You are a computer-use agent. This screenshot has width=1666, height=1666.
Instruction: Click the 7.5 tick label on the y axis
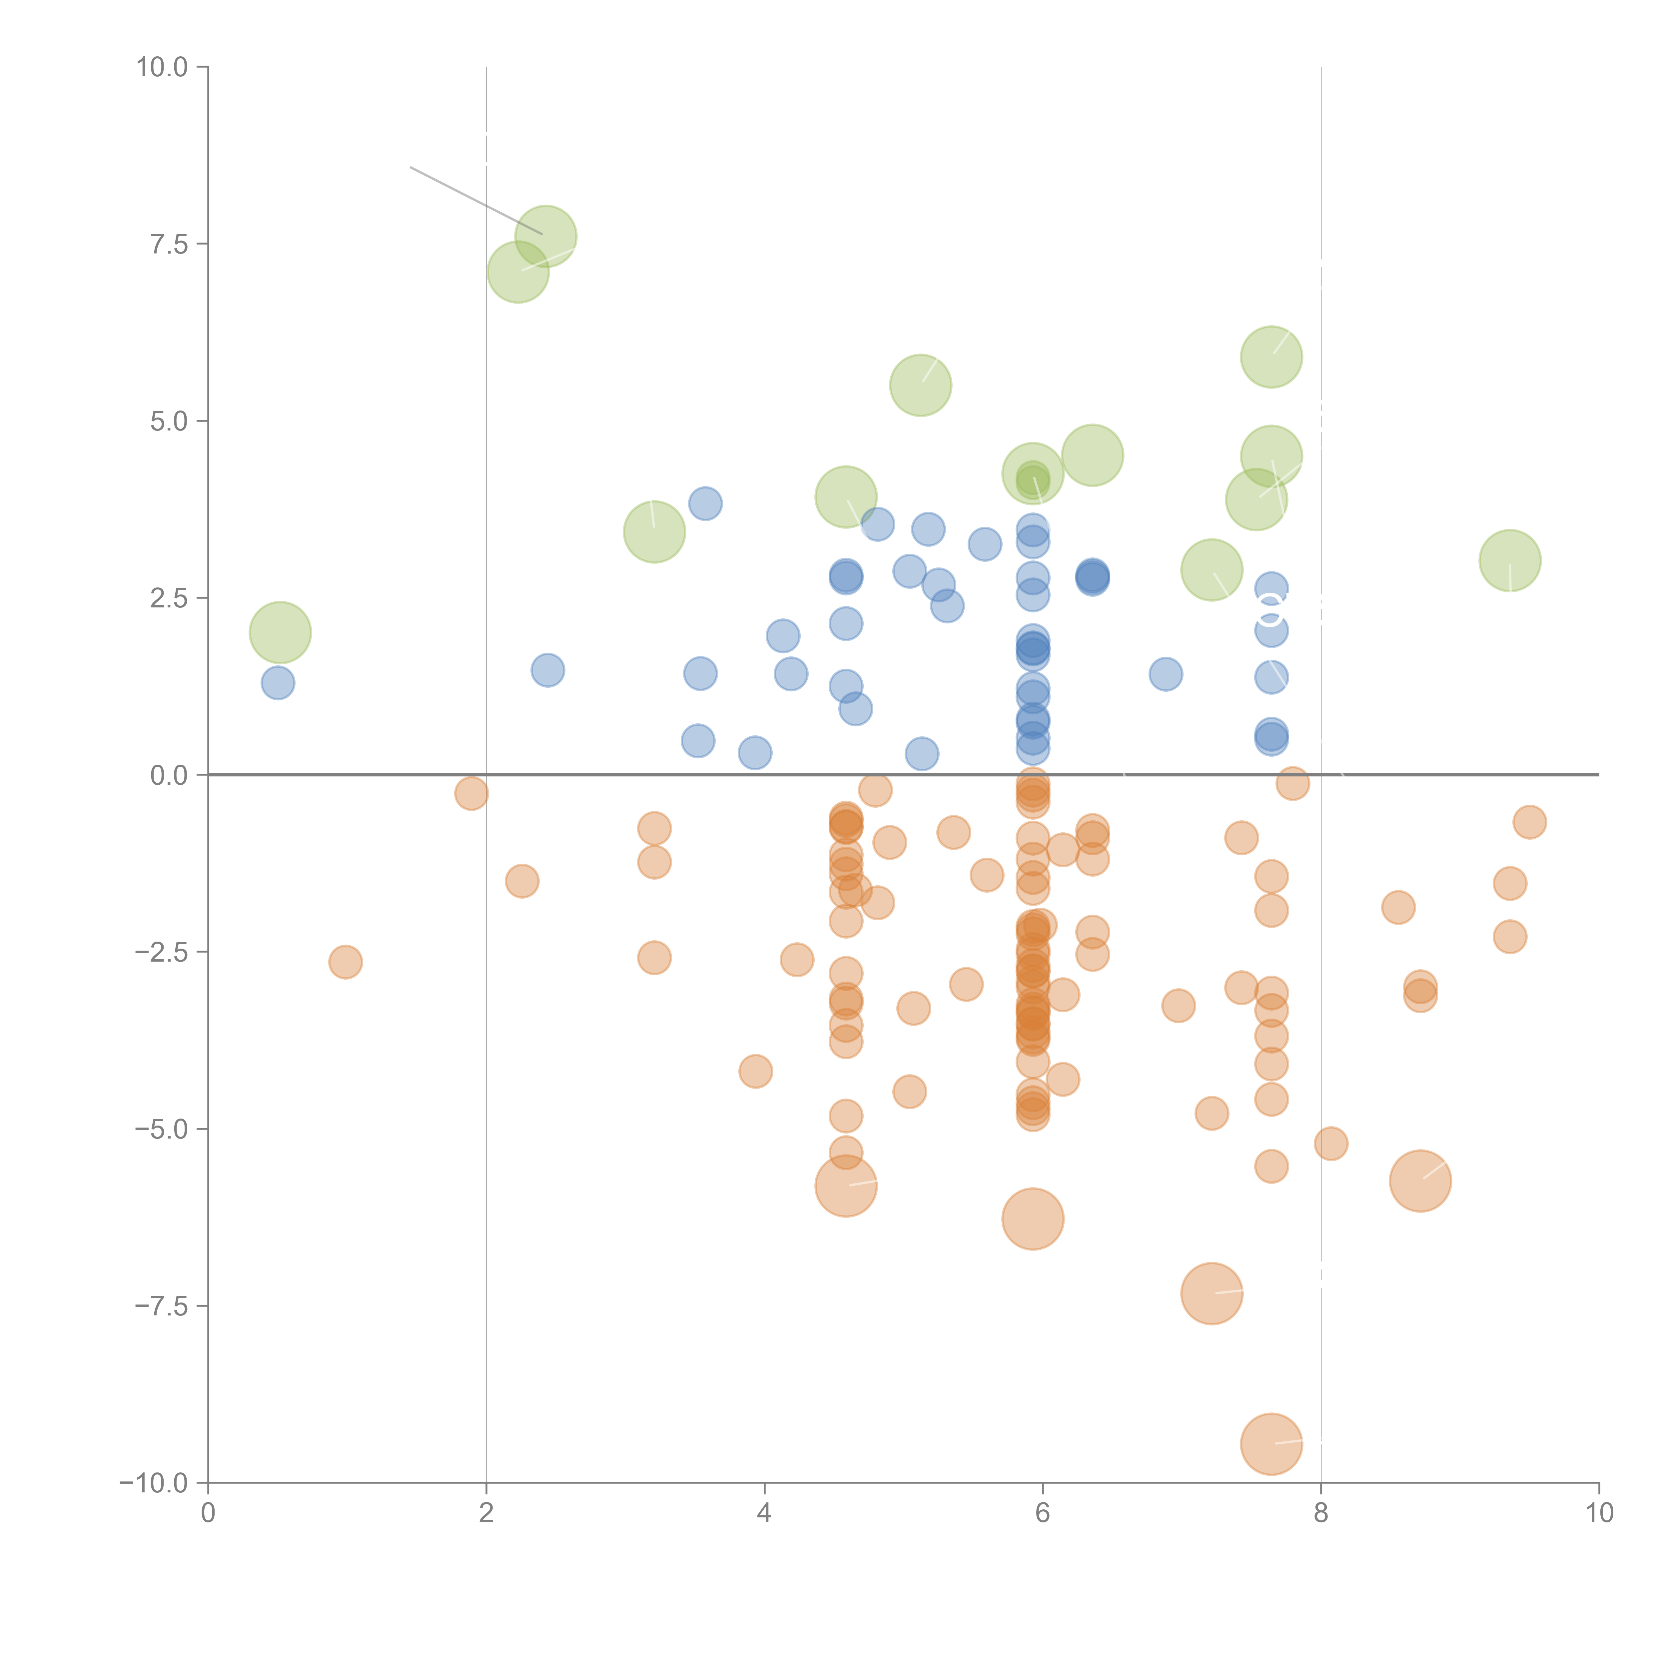[x=169, y=244]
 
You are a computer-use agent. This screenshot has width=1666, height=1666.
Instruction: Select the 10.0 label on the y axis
[x=162, y=67]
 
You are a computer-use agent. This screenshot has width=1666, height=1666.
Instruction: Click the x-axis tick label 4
[x=764, y=1513]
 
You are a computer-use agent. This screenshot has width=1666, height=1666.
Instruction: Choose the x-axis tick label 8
[x=1321, y=1513]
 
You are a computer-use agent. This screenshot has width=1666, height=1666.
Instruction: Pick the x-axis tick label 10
[x=1599, y=1513]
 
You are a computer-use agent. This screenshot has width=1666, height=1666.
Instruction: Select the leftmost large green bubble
[x=280, y=632]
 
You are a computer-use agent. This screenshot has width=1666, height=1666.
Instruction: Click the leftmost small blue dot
[x=278, y=683]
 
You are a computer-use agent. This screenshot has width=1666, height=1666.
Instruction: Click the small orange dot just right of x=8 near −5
[x=1330, y=1144]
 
